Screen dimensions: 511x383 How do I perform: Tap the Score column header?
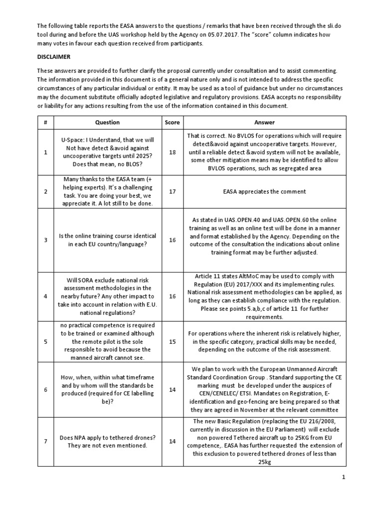[172, 122]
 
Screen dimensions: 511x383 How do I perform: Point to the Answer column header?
[264, 122]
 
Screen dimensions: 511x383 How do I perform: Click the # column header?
[45, 122]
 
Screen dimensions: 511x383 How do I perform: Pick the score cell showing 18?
[172, 152]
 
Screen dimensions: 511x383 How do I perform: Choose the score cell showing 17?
[172, 191]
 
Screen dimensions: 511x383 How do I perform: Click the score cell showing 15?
[172, 341]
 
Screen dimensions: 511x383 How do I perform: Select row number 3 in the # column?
[45, 240]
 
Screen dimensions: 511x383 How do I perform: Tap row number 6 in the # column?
[45, 389]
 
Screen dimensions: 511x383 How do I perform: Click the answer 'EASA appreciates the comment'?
[264, 192]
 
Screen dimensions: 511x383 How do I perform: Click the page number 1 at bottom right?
[344, 478]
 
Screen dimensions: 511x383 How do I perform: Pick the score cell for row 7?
[172, 442]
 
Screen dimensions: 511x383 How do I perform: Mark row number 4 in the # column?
[45, 296]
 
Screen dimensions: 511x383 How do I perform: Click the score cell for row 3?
[172, 240]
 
